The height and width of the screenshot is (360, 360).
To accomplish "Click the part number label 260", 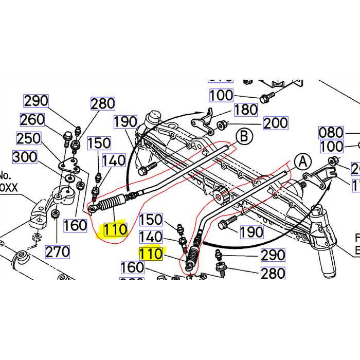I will click(x=32, y=120).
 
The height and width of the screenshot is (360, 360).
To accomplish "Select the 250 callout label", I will click(x=28, y=139).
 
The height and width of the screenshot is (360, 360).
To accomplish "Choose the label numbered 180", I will click(x=245, y=110).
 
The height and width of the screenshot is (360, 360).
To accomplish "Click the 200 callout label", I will click(x=276, y=123).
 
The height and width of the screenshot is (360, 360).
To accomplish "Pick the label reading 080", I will click(x=331, y=132).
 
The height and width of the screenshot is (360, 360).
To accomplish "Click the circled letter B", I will click(x=244, y=136).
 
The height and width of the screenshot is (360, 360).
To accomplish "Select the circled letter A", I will click(x=303, y=161).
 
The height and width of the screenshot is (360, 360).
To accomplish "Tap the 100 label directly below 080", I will click(x=331, y=147).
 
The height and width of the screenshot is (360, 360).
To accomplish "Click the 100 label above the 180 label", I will click(x=221, y=95).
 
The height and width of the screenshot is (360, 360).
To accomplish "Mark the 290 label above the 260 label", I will click(x=36, y=101).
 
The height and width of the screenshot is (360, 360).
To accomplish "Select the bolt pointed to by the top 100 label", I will click(x=266, y=96).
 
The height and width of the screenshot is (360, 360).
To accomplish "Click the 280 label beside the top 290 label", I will click(x=103, y=104).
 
